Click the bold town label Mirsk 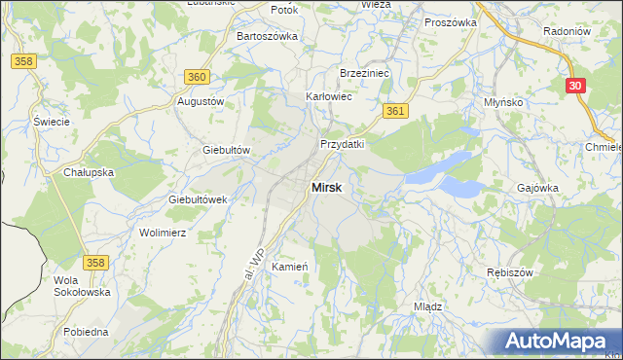(326, 188)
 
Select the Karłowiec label (329, 97)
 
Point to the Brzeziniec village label (364, 73)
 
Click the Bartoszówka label (267, 36)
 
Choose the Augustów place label (201, 101)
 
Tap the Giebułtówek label (198, 199)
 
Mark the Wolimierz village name (163, 234)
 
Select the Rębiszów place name (509, 272)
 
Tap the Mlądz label (428, 306)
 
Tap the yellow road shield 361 (394, 112)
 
